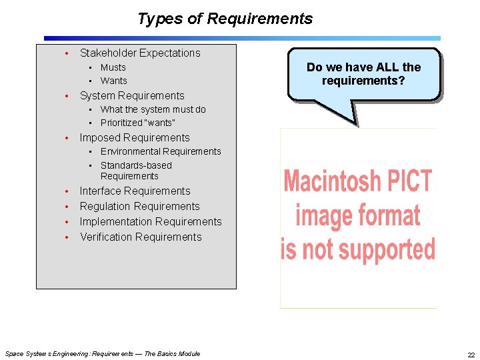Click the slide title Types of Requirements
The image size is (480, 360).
pyautogui.click(x=225, y=19)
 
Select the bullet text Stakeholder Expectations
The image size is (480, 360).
pyautogui.click(x=139, y=53)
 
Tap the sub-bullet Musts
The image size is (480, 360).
pyautogui.click(x=113, y=67)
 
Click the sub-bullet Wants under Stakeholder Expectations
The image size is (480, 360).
pyautogui.click(x=113, y=81)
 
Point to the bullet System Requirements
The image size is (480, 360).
pyautogui.click(x=131, y=95)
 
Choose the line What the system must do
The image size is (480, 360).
pyautogui.click(x=153, y=109)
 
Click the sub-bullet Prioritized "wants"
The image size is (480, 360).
pyautogui.click(x=137, y=123)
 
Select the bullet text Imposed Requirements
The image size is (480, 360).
pyautogui.click(x=134, y=137)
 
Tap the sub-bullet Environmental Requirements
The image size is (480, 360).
pyautogui.click(x=160, y=151)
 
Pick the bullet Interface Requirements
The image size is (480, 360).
pyautogui.click(x=135, y=191)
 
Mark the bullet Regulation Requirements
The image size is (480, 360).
pyautogui.click(x=139, y=206)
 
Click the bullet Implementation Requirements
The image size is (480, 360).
pyautogui.click(x=150, y=221)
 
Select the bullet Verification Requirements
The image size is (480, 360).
pyautogui.click(x=140, y=237)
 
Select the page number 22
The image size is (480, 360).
pyautogui.click(x=471, y=354)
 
